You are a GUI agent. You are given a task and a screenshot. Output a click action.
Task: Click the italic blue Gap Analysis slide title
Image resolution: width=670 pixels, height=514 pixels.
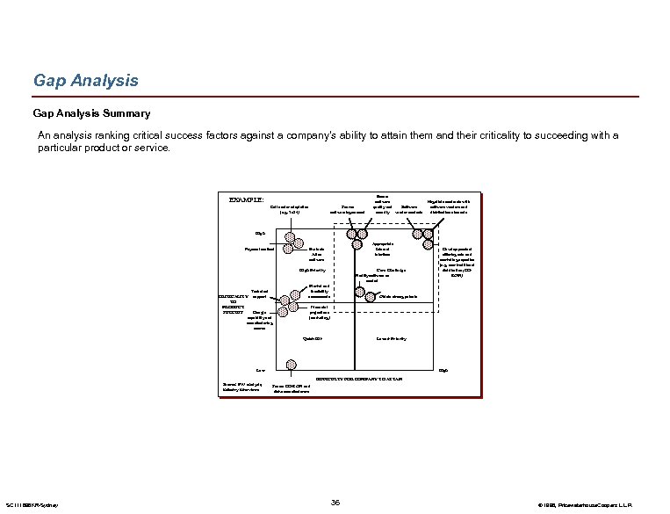[85, 81]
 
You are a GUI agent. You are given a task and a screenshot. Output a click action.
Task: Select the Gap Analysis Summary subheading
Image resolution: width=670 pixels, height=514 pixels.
[91, 113]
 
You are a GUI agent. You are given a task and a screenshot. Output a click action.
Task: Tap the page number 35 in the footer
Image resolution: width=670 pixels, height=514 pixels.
[335, 502]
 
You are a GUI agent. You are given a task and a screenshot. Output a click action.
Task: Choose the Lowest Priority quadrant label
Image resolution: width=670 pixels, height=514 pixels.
[391, 338]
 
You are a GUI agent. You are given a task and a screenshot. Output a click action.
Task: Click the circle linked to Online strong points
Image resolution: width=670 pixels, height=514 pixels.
[371, 293]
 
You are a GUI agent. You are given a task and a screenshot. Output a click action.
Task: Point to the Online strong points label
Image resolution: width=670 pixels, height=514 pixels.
[397, 296]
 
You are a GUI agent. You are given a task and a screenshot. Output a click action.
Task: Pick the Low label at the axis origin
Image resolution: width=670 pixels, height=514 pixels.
[260, 370]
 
